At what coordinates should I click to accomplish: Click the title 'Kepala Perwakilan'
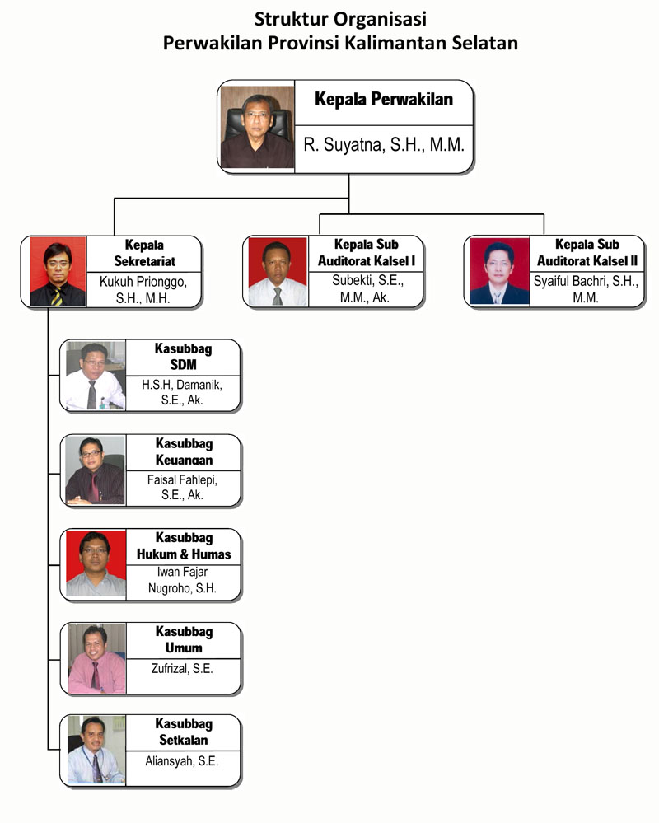[x=384, y=99]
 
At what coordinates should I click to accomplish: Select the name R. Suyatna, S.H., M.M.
[x=384, y=144]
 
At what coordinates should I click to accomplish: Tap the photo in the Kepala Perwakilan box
[x=257, y=127]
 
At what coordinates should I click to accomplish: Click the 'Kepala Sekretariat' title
[x=144, y=253]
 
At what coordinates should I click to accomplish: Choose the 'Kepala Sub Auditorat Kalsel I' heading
[x=367, y=252]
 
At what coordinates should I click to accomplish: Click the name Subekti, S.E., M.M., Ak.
[x=367, y=288]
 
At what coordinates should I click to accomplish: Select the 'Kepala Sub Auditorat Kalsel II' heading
[x=587, y=252]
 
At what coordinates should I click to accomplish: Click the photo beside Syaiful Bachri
[x=499, y=271]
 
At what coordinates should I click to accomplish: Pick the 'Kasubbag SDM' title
[x=183, y=357]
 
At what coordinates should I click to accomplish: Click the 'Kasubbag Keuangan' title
[x=185, y=451]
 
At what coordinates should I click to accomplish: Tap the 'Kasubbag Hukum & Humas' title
[x=184, y=546]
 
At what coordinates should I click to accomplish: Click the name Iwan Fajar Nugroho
[x=183, y=580]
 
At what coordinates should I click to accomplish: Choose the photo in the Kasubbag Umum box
[x=96, y=659]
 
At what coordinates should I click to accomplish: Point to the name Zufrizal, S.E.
[x=182, y=668]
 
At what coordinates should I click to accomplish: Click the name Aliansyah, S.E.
[x=181, y=761]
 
